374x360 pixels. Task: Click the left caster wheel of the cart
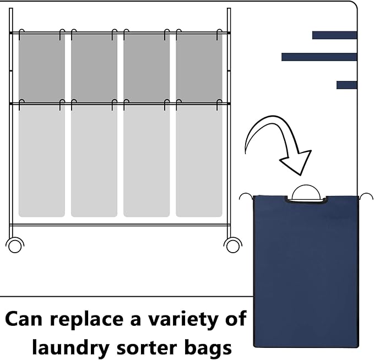point(15,245)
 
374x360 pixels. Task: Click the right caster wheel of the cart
point(233,245)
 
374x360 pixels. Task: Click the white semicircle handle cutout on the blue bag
point(306,193)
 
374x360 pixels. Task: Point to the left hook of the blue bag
point(246,195)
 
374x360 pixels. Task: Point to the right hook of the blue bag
point(366,195)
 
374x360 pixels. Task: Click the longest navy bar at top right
point(319,57)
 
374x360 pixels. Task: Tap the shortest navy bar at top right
point(346,85)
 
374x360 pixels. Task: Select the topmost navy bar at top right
point(334,35)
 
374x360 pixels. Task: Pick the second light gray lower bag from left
point(94,160)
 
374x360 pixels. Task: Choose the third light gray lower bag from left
point(147,160)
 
